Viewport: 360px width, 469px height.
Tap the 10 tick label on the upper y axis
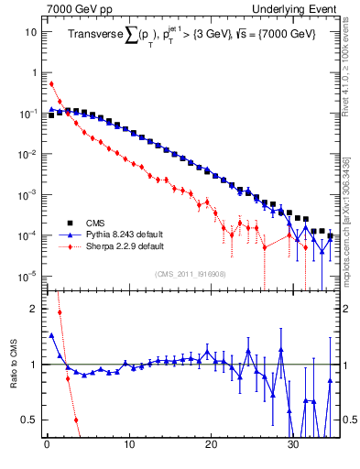(x=30, y=32)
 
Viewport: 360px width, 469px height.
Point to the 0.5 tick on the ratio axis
(x=29, y=420)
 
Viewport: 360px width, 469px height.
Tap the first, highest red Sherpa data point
(x=51, y=83)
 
